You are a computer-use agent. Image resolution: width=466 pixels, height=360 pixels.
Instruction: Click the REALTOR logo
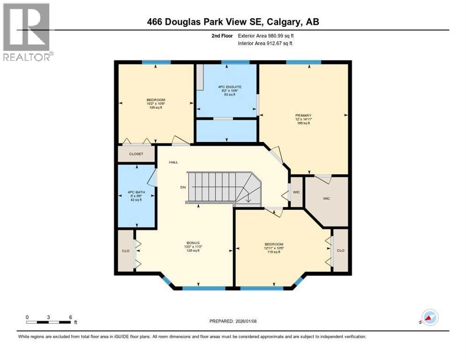tap(27, 31)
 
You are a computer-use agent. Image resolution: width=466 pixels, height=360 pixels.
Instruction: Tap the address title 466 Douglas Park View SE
tap(233, 22)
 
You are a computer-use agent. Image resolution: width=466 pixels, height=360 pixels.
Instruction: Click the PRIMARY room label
tap(303, 115)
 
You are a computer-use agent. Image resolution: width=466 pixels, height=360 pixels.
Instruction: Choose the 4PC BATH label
tap(136, 192)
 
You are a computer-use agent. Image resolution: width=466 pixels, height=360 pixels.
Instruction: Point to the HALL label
tap(174, 162)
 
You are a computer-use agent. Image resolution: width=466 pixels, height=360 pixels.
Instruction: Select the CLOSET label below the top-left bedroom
tap(136, 154)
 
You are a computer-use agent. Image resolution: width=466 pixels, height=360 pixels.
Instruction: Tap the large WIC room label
tap(326, 199)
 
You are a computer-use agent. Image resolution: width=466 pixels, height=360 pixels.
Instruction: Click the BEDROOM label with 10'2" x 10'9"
tap(156, 100)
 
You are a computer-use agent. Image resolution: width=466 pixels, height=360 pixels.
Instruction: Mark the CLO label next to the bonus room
tap(125, 251)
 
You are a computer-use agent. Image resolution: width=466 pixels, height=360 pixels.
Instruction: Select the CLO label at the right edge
tap(340, 250)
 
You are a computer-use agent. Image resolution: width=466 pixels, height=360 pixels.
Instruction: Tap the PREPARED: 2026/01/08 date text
tap(233, 321)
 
